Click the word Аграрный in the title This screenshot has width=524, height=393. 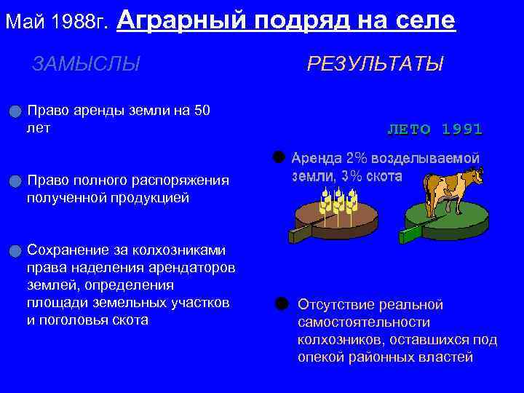click(x=178, y=20)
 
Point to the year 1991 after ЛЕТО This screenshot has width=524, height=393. click(x=461, y=130)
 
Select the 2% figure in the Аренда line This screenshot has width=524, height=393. click(x=357, y=159)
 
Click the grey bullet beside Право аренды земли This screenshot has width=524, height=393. click(x=15, y=111)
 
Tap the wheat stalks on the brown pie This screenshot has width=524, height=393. click(x=341, y=200)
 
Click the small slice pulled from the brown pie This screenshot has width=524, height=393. click(x=300, y=233)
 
